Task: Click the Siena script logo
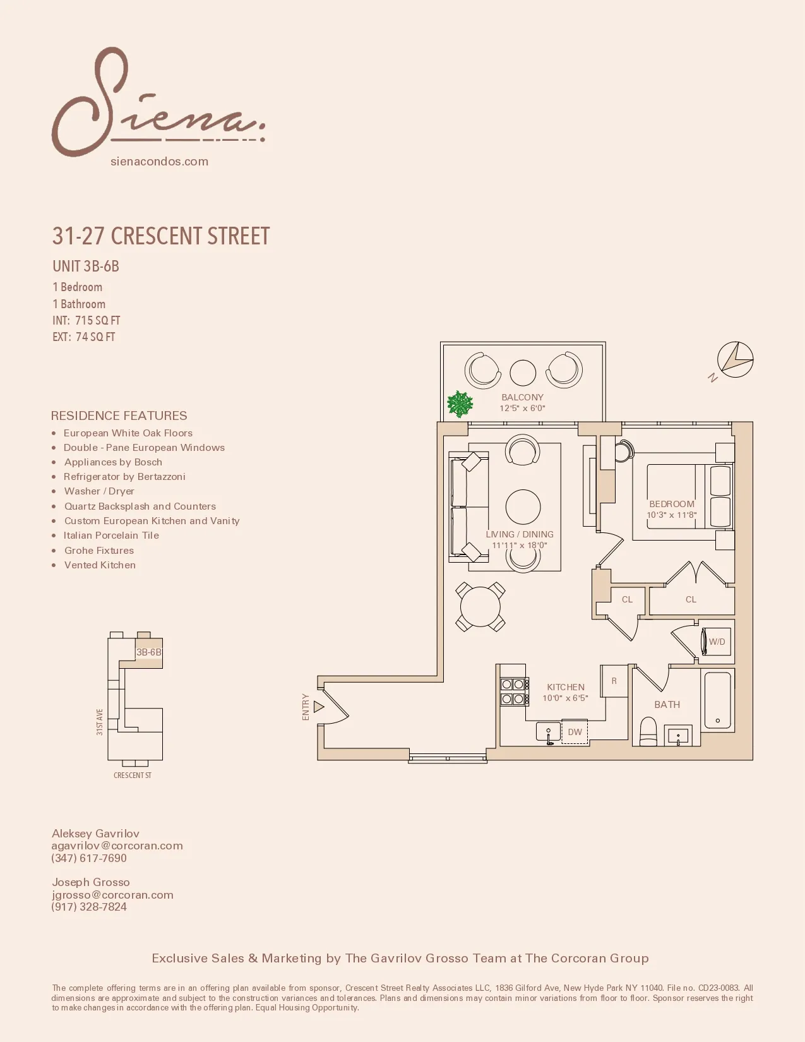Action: click(158, 104)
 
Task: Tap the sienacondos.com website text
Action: click(159, 162)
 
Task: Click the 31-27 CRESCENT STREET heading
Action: click(161, 236)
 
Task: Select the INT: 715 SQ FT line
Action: click(86, 321)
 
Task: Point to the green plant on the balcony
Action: click(460, 404)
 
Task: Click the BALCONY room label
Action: click(522, 397)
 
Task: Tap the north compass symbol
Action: click(734, 361)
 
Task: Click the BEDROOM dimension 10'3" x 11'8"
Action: click(671, 515)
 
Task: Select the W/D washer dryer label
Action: click(717, 642)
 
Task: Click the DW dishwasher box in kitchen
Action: click(575, 732)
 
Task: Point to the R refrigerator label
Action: click(614, 681)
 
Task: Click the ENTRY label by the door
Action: click(306, 707)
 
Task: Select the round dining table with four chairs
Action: click(480, 607)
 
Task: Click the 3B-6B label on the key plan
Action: click(149, 652)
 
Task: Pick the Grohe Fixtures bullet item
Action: click(99, 551)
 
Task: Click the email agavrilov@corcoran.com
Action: click(117, 846)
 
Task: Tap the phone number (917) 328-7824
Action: click(89, 907)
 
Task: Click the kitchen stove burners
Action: click(513, 692)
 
